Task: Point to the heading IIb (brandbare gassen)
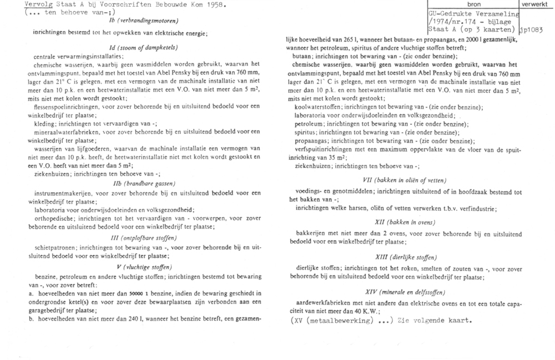pos(143,184)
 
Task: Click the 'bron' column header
pos(470,4)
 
